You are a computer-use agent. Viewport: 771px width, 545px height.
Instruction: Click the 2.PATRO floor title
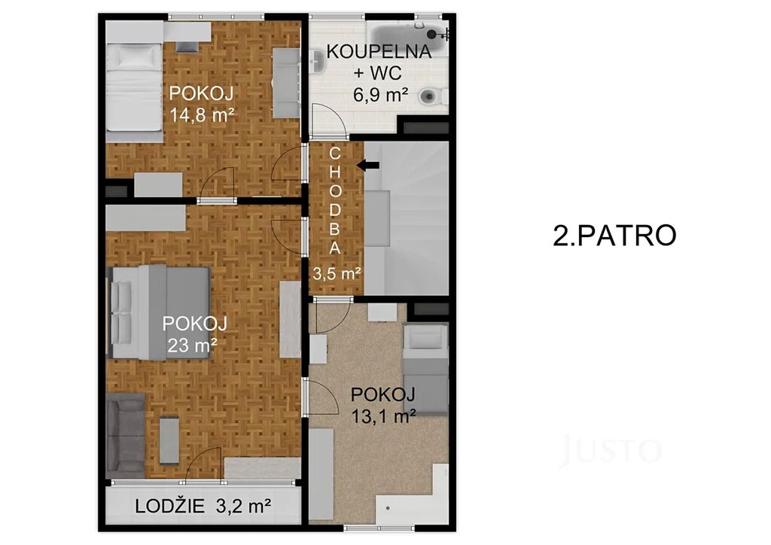(x=614, y=236)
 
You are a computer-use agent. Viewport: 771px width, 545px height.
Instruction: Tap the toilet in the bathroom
(x=434, y=96)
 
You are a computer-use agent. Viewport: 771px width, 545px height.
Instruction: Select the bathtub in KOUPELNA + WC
(x=405, y=35)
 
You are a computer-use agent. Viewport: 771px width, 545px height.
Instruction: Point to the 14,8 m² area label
(x=202, y=115)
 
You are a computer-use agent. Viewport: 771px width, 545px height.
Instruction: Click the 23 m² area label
(x=192, y=346)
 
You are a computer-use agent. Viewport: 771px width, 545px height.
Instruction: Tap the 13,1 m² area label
(x=384, y=416)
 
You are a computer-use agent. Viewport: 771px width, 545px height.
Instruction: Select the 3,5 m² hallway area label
(x=337, y=273)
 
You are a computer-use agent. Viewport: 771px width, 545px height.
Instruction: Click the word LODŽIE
(x=169, y=506)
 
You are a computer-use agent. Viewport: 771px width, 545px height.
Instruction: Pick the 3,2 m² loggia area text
(x=243, y=506)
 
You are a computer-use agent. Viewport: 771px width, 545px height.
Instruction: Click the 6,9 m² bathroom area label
(x=380, y=94)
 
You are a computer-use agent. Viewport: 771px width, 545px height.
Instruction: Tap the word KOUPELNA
(x=379, y=52)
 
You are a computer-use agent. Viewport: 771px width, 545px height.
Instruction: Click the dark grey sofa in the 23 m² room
(x=126, y=435)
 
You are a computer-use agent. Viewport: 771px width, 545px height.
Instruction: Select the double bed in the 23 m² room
(x=159, y=312)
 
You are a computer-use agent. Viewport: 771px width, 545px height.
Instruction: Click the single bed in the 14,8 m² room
(x=134, y=87)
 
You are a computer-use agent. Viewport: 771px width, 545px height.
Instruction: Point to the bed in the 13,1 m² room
(x=425, y=369)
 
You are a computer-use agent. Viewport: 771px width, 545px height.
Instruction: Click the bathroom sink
(x=317, y=62)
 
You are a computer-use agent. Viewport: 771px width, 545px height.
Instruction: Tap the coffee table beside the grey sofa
(x=169, y=440)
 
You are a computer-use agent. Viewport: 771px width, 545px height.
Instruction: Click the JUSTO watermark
(x=610, y=449)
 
